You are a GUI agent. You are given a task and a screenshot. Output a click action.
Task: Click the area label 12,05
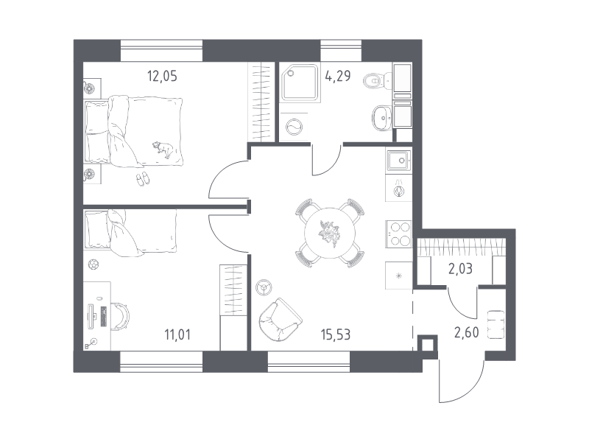(162, 77)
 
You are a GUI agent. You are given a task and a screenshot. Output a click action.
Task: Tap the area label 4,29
(338, 76)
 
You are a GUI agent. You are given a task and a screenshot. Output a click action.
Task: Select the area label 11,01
(177, 334)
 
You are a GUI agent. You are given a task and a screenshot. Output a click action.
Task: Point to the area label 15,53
(336, 334)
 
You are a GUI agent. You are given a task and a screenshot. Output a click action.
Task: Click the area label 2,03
(461, 269)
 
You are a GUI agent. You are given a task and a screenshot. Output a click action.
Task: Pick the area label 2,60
(467, 332)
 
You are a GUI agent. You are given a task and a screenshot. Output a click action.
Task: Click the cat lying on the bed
(163, 149)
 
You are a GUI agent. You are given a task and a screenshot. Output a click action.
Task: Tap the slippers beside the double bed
(142, 178)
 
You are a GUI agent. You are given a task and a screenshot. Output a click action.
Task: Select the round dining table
(330, 233)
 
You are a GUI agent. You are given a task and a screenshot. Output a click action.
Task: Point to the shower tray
(301, 83)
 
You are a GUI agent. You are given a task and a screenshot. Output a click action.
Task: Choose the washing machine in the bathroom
(294, 126)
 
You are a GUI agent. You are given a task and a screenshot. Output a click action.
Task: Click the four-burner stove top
(399, 234)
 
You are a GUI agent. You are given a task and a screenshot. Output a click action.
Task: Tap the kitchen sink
(398, 161)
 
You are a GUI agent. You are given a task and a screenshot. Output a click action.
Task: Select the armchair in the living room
(281, 320)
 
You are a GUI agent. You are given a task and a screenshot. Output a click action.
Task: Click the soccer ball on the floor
(94, 264)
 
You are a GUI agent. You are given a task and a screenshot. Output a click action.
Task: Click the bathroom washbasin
(382, 118)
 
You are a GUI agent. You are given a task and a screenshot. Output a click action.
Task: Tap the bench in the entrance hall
(495, 325)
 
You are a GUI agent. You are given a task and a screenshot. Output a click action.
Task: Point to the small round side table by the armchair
(264, 288)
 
